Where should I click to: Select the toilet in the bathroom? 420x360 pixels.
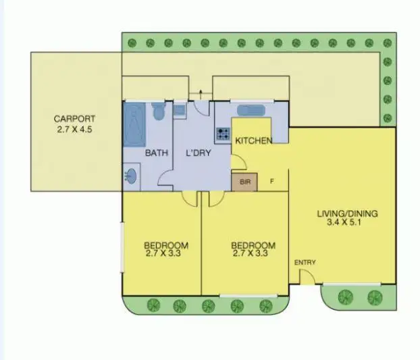coord(158,111)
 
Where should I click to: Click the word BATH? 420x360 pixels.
coord(157,153)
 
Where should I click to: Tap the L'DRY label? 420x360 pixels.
coord(199,153)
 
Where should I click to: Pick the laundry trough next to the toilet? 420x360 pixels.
coord(180,109)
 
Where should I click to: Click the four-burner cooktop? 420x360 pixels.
coord(224,134)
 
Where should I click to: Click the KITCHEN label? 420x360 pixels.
coord(253,140)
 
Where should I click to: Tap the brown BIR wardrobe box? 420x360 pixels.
coord(244,181)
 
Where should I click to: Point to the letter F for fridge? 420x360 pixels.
coord(271,181)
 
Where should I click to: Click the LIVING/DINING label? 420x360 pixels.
coord(347,214)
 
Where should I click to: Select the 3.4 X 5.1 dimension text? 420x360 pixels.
coord(347,224)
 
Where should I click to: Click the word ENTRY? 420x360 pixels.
coord(305,262)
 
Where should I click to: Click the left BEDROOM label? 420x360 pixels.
coord(165,245)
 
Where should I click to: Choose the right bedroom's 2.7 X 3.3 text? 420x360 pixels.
coord(253,254)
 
